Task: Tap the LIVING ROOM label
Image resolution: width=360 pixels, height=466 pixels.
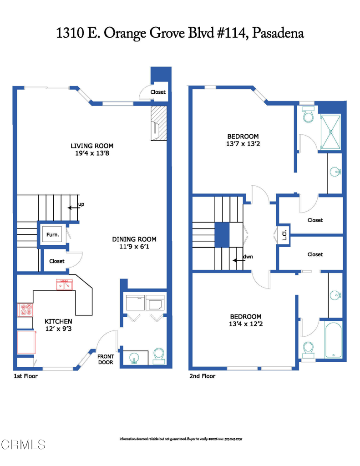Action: [x=91, y=146]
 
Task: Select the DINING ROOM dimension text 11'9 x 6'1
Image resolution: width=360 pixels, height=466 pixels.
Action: [x=134, y=247]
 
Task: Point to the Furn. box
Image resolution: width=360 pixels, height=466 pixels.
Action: [x=52, y=235]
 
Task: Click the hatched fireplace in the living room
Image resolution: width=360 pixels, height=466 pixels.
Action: [x=159, y=123]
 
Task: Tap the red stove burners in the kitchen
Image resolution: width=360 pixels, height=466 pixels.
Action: [x=25, y=310]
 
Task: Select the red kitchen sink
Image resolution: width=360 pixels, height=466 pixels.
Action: [x=64, y=285]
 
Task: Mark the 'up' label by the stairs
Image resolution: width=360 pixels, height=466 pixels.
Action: [x=81, y=205]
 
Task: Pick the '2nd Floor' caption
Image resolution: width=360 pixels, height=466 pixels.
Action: [x=202, y=376]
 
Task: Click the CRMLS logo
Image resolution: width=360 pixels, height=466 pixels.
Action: [x=24, y=444]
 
